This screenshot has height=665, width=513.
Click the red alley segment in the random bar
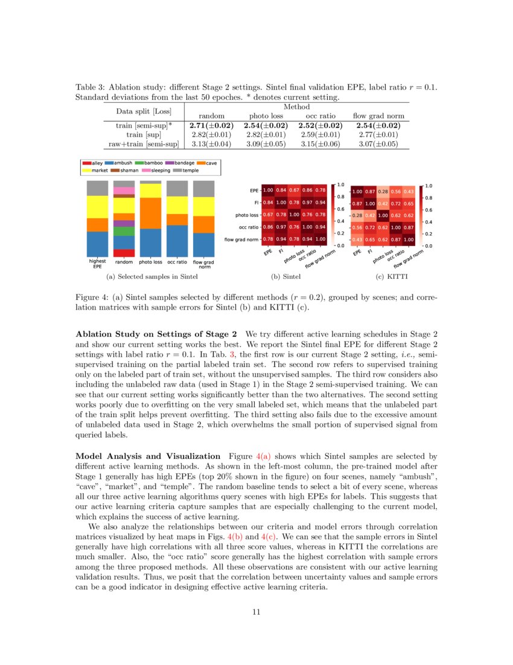[x=124, y=253]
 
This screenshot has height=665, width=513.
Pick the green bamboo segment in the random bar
[x=124, y=231]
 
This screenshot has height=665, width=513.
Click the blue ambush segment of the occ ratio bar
[x=177, y=241]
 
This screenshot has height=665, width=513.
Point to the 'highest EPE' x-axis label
[x=98, y=264]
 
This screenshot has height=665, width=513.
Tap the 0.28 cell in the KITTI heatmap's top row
[x=383, y=191]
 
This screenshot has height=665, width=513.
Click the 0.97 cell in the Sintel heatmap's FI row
[x=307, y=203]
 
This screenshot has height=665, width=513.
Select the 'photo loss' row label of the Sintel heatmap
[x=247, y=215]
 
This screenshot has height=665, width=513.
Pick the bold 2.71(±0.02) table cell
[x=208, y=125]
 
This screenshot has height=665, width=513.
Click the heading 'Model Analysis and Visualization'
[x=147, y=456]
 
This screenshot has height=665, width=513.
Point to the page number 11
[x=256, y=612]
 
